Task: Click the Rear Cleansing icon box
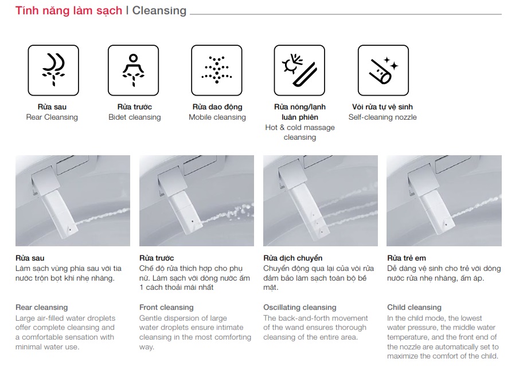pyautogui.click(x=53, y=70)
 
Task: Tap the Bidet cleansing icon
pyautogui.click(x=133, y=70)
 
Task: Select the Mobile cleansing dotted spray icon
pyautogui.click(x=216, y=70)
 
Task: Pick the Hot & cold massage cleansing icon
pyautogui.click(x=299, y=70)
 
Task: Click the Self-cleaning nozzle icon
pyautogui.click(x=383, y=70)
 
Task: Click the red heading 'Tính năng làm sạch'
pyautogui.click(x=69, y=10)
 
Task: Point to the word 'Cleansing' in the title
pyautogui.click(x=159, y=10)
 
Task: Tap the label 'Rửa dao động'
pyautogui.click(x=217, y=107)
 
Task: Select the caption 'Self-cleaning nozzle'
pyautogui.click(x=382, y=117)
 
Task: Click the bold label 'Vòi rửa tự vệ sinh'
pyautogui.click(x=382, y=107)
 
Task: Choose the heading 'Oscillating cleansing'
pyautogui.click(x=299, y=307)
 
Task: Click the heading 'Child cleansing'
pyautogui.click(x=414, y=307)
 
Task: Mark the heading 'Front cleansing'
pyautogui.click(x=166, y=307)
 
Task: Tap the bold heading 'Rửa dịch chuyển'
pyautogui.click(x=292, y=258)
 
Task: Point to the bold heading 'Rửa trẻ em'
pyautogui.click(x=407, y=258)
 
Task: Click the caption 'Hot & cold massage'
pyautogui.click(x=300, y=128)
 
